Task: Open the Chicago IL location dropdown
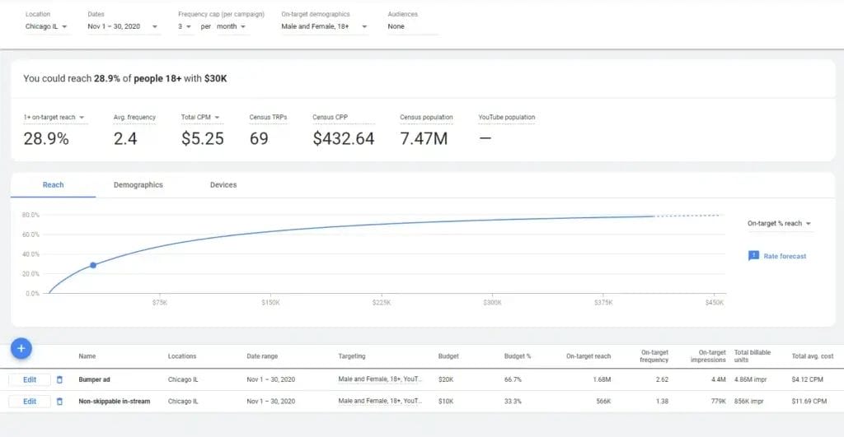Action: pyautogui.click(x=46, y=27)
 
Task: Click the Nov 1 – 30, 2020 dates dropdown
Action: pyautogui.click(x=118, y=27)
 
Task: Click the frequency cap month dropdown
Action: pyautogui.click(x=232, y=27)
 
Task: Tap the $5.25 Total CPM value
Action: pyautogui.click(x=202, y=139)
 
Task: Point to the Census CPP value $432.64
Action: pyautogui.click(x=343, y=139)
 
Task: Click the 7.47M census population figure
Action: pyautogui.click(x=424, y=139)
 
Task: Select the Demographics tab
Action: pyautogui.click(x=138, y=185)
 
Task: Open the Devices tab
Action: pyautogui.click(x=223, y=185)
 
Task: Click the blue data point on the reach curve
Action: pyautogui.click(x=93, y=265)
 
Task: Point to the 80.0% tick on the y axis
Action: pyautogui.click(x=31, y=215)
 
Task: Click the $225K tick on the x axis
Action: pyautogui.click(x=382, y=303)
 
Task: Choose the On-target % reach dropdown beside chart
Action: pyautogui.click(x=779, y=224)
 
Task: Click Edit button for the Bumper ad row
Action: pyautogui.click(x=30, y=379)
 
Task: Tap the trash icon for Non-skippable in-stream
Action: pyautogui.click(x=59, y=402)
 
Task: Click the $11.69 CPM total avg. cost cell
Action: pyautogui.click(x=809, y=402)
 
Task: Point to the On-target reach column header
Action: pyautogui.click(x=588, y=356)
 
